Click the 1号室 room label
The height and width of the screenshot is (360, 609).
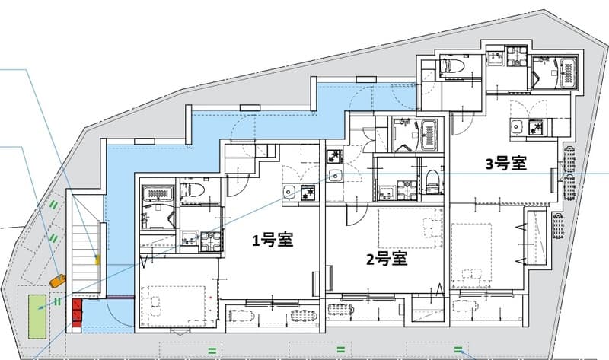(273, 240)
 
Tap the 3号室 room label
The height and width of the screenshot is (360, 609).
(506, 163)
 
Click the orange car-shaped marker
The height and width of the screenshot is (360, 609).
(57, 280)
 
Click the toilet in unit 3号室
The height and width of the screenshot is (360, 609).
(449, 65)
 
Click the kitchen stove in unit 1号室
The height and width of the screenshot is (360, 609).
(307, 193)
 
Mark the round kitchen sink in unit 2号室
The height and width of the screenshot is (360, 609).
(336, 176)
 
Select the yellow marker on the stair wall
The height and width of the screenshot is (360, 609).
(97, 259)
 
